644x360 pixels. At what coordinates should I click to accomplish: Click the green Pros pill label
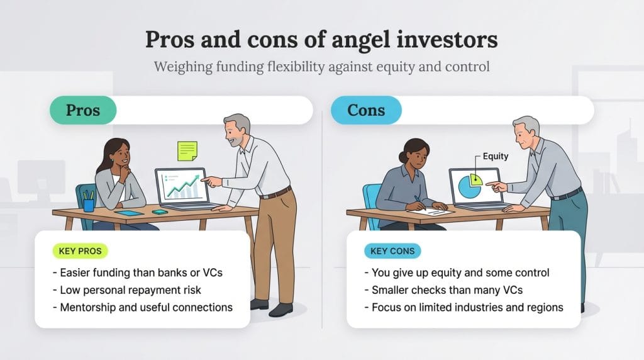pyautogui.click(x=83, y=110)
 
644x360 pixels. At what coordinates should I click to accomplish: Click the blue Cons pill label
pyautogui.click(x=366, y=110)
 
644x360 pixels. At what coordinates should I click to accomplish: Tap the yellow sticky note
pyautogui.click(x=187, y=151)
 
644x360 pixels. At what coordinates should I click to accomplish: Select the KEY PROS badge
pyautogui.click(x=80, y=251)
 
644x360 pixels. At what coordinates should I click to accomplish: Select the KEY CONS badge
pyautogui.click(x=392, y=251)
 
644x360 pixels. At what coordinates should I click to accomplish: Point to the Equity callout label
pyautogui.click(x=496, y=156)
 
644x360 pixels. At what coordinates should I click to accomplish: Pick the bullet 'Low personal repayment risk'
pyautogui.click(x=127, y=290)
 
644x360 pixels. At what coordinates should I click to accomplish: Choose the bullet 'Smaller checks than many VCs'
pyautogui.click(x=443, y=290)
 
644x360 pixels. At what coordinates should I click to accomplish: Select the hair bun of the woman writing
pyautogui.click(x=403, y=157)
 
